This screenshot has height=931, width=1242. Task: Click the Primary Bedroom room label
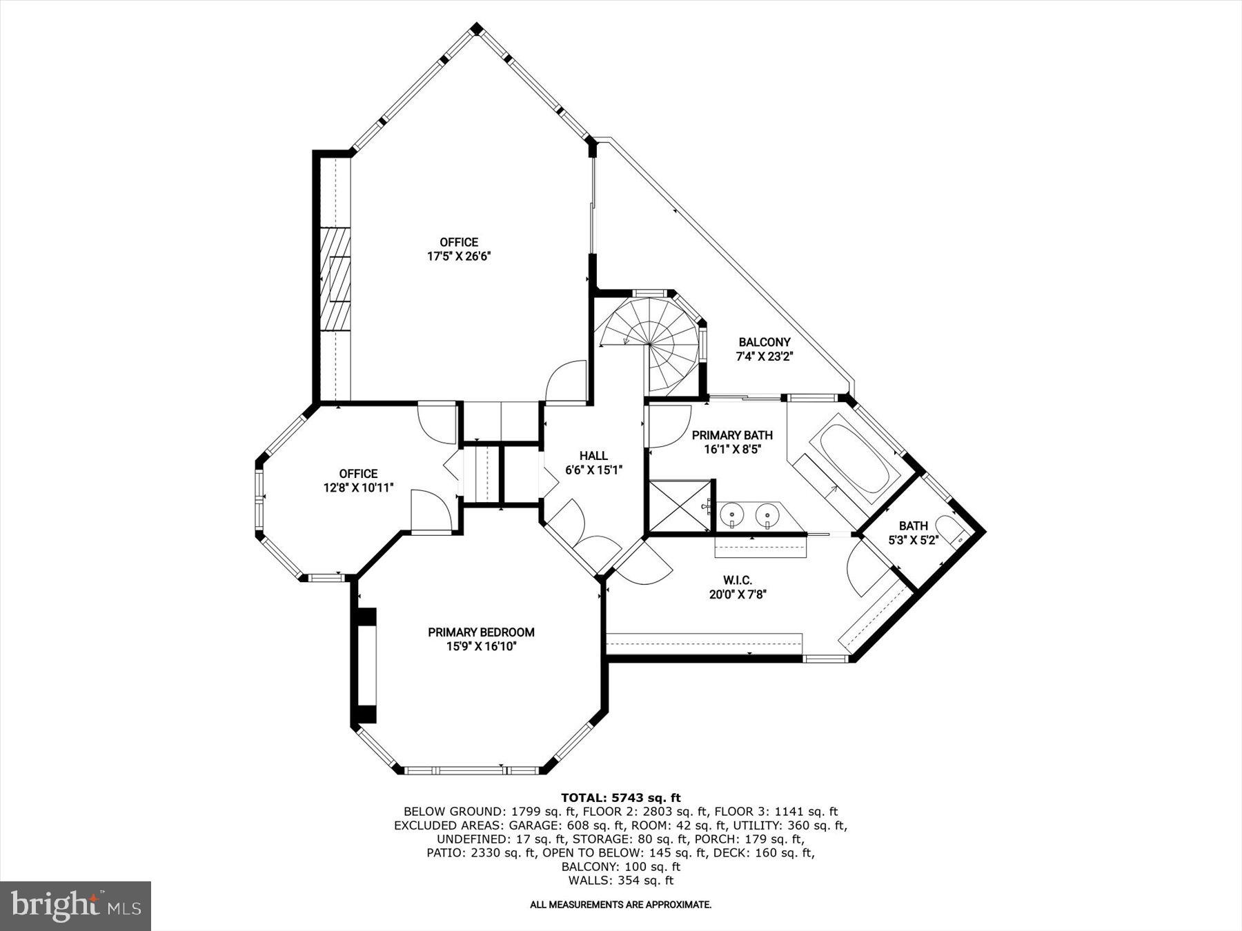click(x=481, y=632)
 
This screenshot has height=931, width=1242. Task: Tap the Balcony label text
click(x=764, y=342)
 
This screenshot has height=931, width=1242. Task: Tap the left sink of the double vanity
click(x=731, y=514)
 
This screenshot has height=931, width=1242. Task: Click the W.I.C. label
click(x=738, y=581)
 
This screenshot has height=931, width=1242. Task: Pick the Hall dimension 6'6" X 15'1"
click(x=593, y=470)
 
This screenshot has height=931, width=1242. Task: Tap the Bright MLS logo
click(x=75, y=905)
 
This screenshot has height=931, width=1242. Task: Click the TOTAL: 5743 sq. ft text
click(x=620, y=798)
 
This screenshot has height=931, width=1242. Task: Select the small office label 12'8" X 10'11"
click(x=358, y=488)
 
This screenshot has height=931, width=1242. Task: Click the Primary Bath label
click(x=732, y=435)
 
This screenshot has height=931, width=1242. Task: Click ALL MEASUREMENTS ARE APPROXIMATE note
click(x=620, y=904)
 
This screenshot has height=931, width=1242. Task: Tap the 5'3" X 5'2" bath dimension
click(x=913, y=540)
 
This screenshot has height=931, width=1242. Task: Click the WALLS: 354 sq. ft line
click(x=620, y=881)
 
